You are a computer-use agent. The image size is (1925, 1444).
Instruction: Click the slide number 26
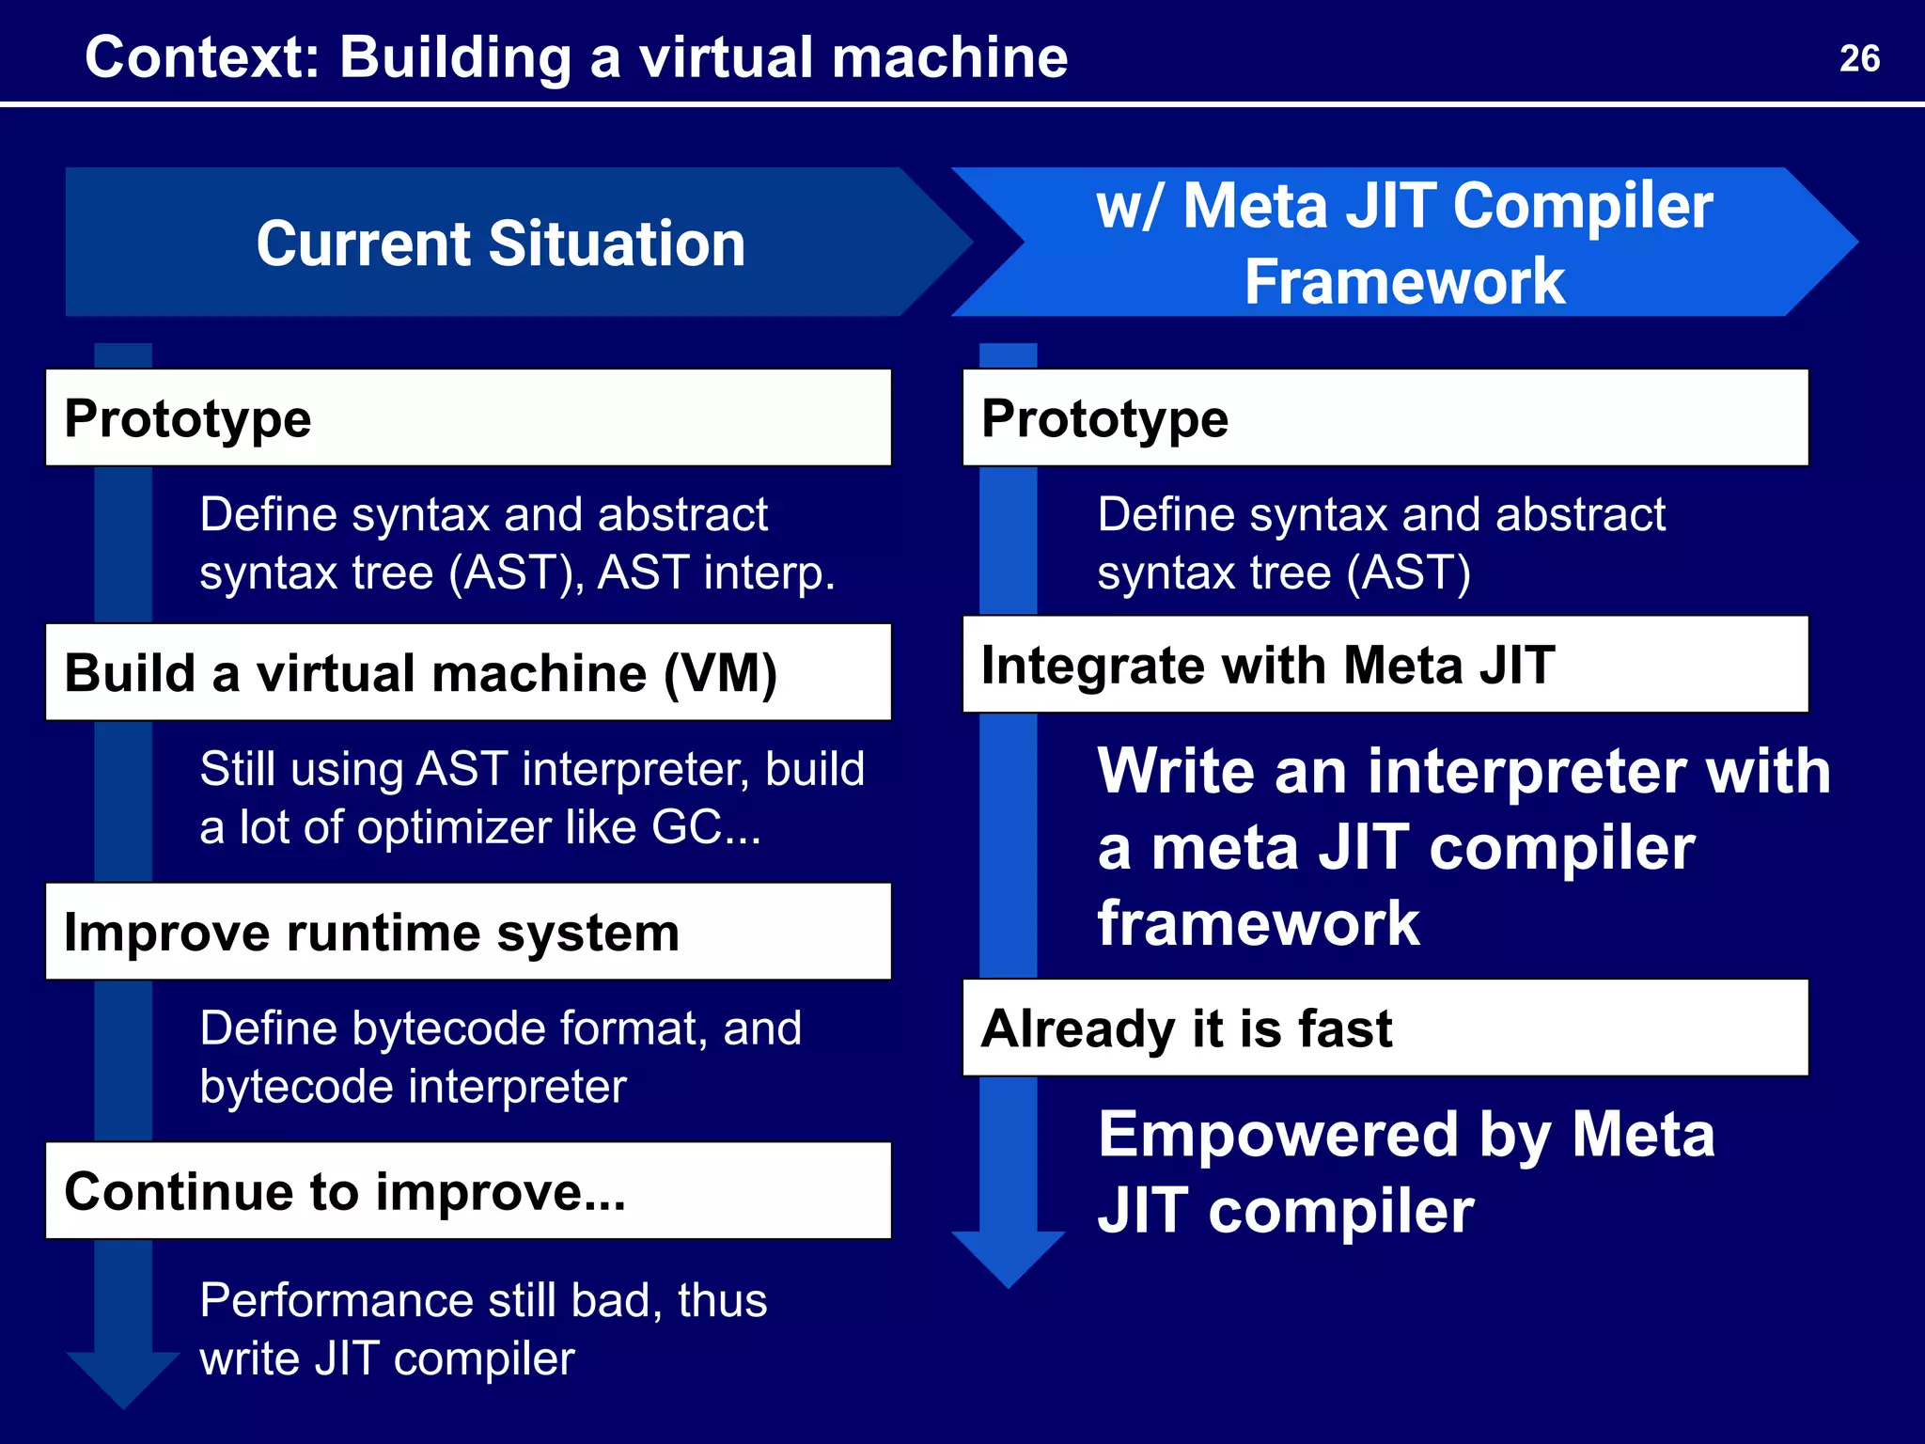tap(1858, 58)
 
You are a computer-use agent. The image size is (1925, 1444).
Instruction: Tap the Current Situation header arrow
tap(500, 243)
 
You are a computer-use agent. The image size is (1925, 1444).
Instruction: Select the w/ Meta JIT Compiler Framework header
tap(1404, 243)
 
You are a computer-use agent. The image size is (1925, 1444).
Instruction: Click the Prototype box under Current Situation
tap(468, 417)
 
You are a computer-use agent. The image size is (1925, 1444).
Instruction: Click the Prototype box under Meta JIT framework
tap(1385, 417)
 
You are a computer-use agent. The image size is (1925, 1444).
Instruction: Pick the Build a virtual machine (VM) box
tap(468, 672)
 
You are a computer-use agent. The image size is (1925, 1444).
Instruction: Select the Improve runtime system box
tap(468, 932)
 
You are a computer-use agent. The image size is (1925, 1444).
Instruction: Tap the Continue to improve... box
tap(468, 1191)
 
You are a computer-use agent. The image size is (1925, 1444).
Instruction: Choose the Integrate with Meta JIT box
tap(1385, 665)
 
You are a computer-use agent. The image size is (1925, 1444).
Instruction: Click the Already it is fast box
tap(1385, 1028)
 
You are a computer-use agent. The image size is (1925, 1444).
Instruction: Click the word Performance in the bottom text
tap(336, 1301)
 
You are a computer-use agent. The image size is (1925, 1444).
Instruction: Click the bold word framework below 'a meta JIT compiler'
tap(1258, 923)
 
